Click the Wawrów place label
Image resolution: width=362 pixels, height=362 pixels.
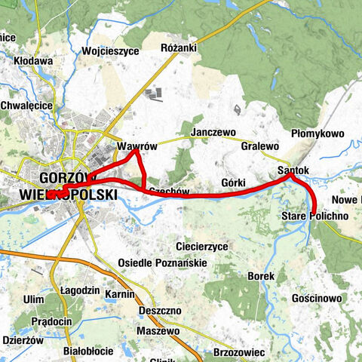click(x=135, y=146)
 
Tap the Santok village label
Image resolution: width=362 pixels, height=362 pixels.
click(x=293, y=170)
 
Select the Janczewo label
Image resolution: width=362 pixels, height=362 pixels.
click(x=213, y=131)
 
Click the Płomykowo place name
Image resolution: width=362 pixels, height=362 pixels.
click(x=317, y=133)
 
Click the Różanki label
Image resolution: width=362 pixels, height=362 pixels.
click(x=179, y=48)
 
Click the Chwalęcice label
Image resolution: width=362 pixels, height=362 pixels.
click(x=26, y=106)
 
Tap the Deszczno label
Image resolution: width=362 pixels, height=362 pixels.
click(x=159, y=311)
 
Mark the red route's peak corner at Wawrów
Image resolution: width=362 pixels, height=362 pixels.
click(x=134, y=153)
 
